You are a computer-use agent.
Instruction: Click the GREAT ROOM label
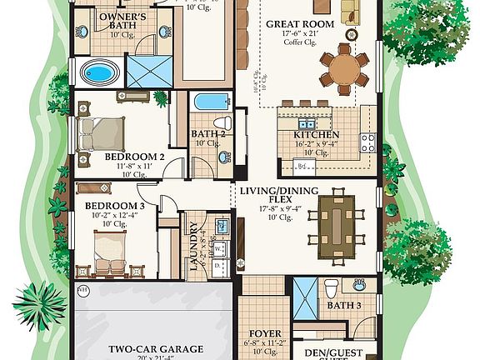pos(300,24)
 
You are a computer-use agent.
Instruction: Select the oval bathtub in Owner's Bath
pos(99,73)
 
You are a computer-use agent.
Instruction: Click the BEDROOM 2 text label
pos(134,156)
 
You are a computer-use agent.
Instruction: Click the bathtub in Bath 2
pos(210,102)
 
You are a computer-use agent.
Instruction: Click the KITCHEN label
pos(316,134)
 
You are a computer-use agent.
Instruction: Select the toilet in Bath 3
pos(332,288)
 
